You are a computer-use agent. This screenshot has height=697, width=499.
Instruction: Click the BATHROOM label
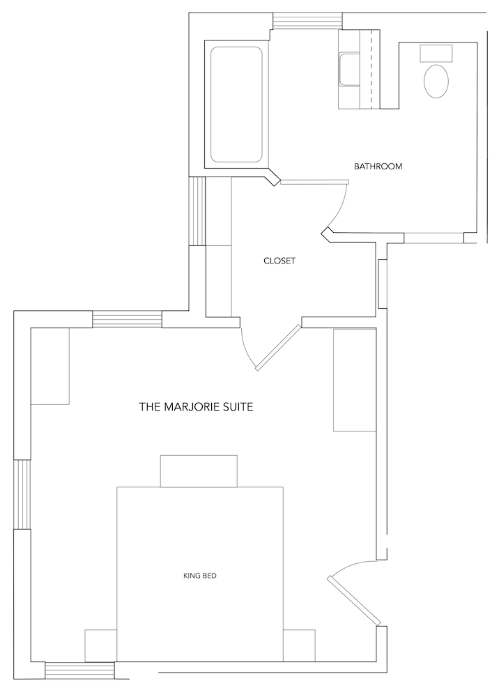coord(378,167)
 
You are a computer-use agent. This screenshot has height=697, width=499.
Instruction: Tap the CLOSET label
coord(279,261)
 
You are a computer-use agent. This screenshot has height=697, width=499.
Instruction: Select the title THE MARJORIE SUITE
coord(197,406)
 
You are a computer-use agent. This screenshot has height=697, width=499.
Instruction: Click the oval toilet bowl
coord(436,82)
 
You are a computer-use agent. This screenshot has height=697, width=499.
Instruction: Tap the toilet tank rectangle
coord(436,53)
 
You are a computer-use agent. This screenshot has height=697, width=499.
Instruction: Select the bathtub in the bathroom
coord(236,105)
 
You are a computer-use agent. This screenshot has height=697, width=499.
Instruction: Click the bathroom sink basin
coord(349,69)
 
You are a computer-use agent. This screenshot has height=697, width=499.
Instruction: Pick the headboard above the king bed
coord(199,471)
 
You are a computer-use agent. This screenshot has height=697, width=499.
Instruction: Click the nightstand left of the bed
coord(101,645)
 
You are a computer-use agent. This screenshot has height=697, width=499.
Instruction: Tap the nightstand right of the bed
coord(299,645)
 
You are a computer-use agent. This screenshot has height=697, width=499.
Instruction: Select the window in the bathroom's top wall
coord(308,20)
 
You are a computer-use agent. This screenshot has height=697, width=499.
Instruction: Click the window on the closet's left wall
coord(197,211)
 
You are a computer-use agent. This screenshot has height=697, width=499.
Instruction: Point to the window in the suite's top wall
coord(127,320)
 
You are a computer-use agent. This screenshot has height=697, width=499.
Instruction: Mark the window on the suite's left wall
coord(22,494)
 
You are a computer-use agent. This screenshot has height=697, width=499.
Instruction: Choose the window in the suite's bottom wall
coord(80,670)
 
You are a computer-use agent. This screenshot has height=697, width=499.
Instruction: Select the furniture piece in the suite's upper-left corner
coord(49,367)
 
